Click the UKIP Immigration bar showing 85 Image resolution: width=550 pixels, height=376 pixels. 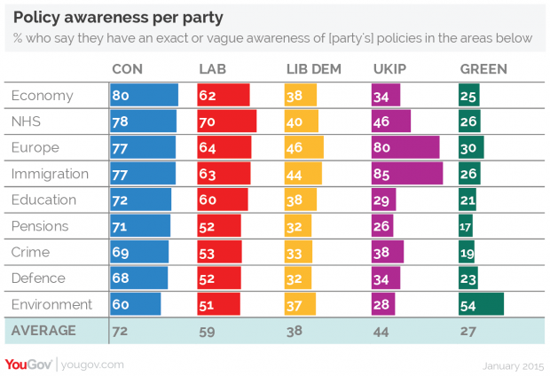(x=406, y=173)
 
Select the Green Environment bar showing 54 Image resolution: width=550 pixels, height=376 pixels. (x=481, y=304)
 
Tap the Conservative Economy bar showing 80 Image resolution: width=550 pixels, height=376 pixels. (x=144, y=95)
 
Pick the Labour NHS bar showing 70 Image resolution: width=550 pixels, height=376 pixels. (x=226, y=121)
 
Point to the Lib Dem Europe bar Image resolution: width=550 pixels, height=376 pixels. (x=303, y=147)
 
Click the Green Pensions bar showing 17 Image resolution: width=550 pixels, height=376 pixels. (x=466, y=225)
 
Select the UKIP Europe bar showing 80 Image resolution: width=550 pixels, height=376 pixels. (x=405, y=147)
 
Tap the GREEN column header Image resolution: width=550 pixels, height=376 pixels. (x=483, y=69)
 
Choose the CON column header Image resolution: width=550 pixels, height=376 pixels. (x=128, y=69)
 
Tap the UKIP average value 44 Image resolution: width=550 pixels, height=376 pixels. (x=382, y=331)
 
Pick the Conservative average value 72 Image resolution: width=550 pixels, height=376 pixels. (x=120, y=331)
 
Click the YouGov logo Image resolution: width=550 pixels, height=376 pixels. (x=28, y=363)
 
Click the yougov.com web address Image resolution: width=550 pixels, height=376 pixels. (x=93, y=364)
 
